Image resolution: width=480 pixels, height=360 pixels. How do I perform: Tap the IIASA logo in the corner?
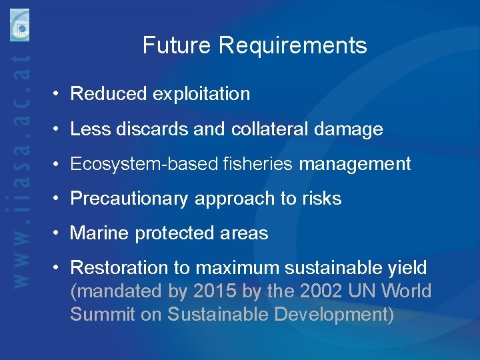pyautogui.click(x=19, y=27)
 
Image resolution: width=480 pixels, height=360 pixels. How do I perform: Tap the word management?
pyautogui.click(x=355, y=164)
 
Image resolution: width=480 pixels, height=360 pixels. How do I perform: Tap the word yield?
pyautogui.click(x=408, y=268)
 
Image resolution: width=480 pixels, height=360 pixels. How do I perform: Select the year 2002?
pyautogui.click(x=322, y=291)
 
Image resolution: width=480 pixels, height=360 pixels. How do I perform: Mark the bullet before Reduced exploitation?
pyautogui.click(x=59, y=94)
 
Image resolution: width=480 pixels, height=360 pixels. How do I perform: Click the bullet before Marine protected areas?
pyautogui.click(x=59, y=233)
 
